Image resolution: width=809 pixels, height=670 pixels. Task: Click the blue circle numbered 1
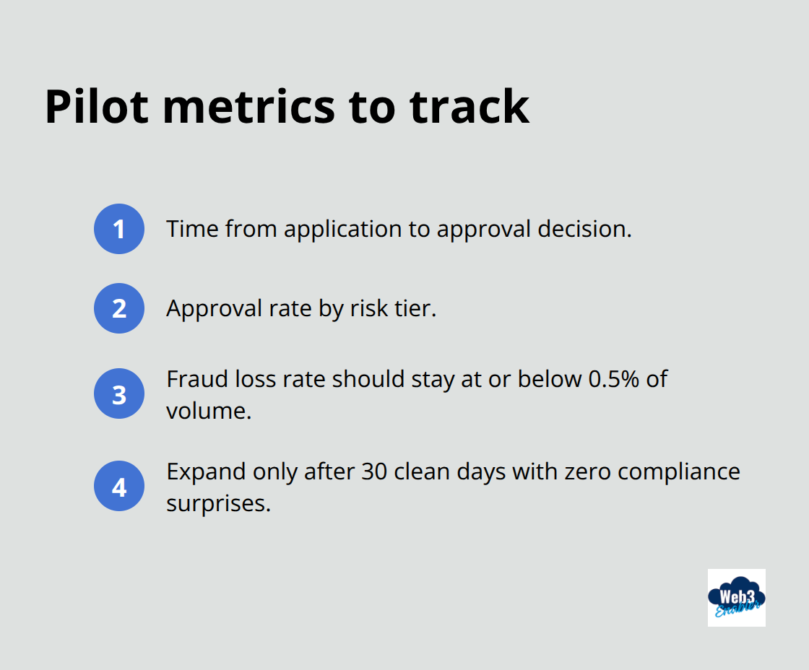pyautogui.click(x=119, y=230)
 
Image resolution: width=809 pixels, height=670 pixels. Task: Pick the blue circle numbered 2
pyautogui.click(x=119, y=308)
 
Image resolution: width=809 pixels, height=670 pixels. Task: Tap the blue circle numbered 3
pyautogui.click(x=119, y=395)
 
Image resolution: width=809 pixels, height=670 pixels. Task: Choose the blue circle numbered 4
pyautogui.click(x=119, y=487)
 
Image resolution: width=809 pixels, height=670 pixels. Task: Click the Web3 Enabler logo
pyautogui.click(x=736, y=597)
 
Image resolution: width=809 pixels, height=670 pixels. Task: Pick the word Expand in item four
pyautogui.click(x=206, y=472)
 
